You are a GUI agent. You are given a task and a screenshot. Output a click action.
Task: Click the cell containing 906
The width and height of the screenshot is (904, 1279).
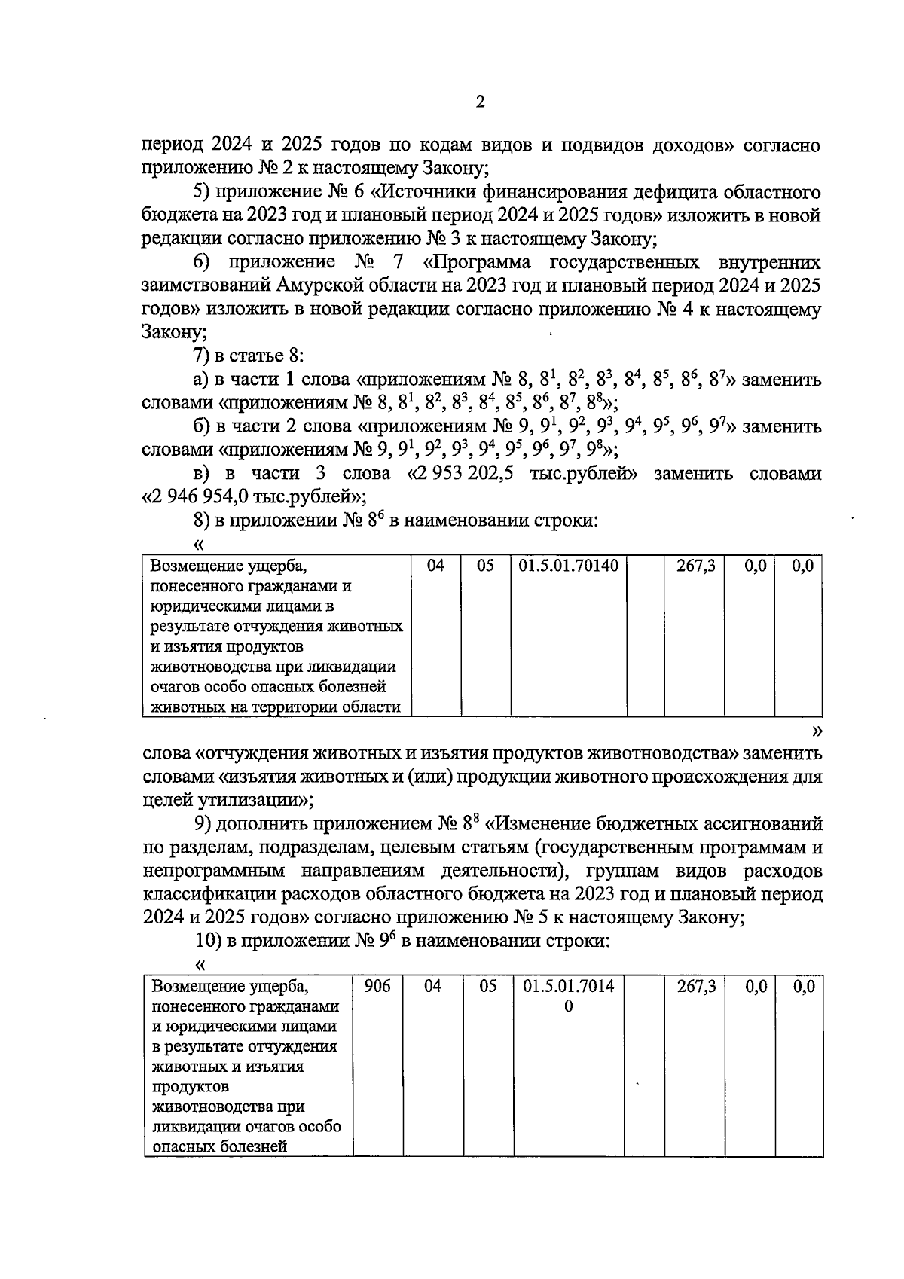tap(377, 986)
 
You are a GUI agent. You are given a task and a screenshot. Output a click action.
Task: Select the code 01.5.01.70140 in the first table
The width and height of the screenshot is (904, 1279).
tap(569, 566)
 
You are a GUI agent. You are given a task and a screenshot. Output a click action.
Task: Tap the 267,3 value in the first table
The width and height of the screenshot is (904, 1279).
tap(695, 566)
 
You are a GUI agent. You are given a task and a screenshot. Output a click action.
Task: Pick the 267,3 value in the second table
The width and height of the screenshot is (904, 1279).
tap(695, 986)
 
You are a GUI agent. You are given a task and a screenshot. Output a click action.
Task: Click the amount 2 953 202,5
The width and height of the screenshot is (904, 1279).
tap(478, 474)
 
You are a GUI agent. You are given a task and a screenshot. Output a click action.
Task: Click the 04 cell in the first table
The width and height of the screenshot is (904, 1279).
tap(435, 566)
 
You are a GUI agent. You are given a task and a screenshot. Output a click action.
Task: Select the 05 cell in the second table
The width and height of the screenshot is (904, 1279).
tap(487, 986)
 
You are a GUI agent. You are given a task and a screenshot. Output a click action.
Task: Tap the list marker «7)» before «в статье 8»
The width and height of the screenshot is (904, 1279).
tap(201, 356)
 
